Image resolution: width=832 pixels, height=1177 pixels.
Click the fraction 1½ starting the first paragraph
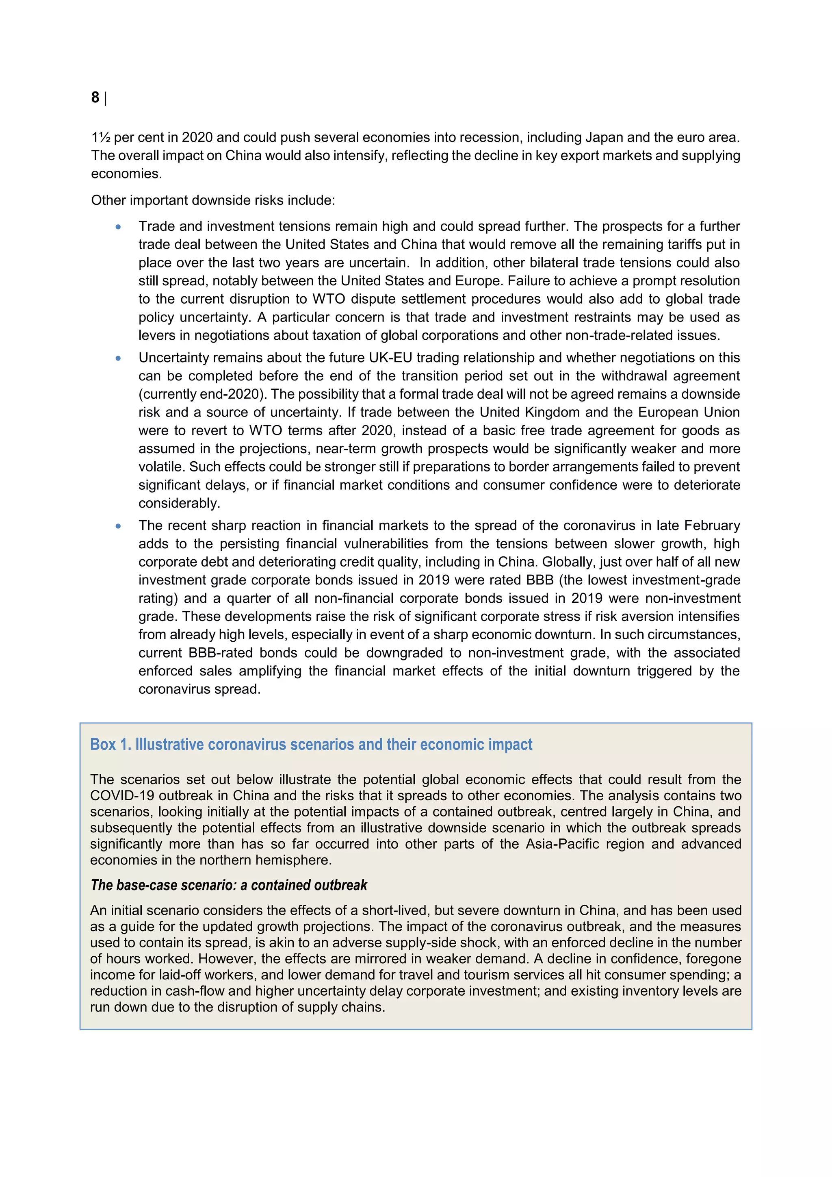tap(100, 137)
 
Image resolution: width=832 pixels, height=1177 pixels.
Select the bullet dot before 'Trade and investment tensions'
tap(118, 227)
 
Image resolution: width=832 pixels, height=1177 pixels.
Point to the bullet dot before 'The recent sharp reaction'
tap(118, 526)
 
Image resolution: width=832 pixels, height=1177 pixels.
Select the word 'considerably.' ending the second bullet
tap(179, 504)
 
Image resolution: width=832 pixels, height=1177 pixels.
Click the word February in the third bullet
tap(712, 526)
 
